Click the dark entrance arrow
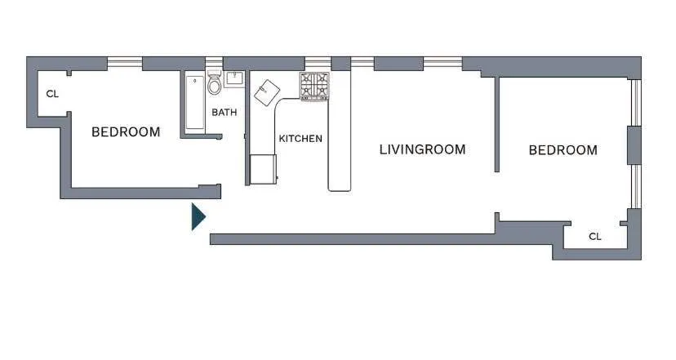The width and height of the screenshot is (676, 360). [198, 216]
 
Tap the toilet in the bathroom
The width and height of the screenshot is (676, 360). [215, 84]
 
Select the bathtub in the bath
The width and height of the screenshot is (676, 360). [194, 102]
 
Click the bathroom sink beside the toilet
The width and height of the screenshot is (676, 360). [235, 79]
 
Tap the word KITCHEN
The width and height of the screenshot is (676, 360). [300, 139]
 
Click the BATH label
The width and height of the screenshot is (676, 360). [225, 112]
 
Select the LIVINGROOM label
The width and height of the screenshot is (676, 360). [422, 149]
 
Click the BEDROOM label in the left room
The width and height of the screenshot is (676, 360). [126, 132]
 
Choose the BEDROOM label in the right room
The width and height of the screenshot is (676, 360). [563, 150]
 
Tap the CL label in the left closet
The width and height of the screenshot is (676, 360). [52, 94]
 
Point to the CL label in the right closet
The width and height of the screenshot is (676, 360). [595, 237]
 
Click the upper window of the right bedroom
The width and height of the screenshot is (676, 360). [634, 102]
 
